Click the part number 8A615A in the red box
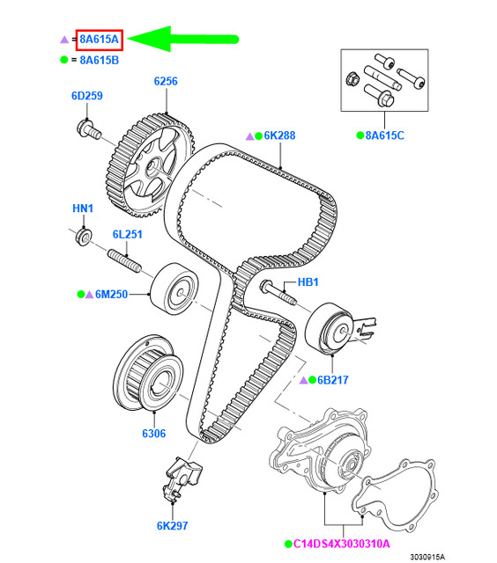[98, 40]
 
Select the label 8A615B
[99, 60]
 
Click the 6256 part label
[166, 81]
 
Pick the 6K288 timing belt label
[276, 135]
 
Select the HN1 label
[82, 208]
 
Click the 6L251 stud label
[127, 234]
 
